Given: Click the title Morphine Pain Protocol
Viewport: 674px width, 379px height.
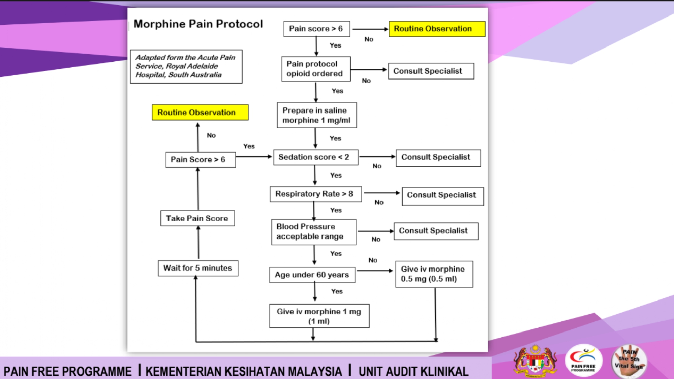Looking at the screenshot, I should pyautogui.click(x=198, y=24).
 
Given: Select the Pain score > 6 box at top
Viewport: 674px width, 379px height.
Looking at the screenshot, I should pyautogui.click(x=316, y=29).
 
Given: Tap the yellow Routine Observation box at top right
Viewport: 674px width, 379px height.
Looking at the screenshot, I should pyautogui.click(x=437, y=29).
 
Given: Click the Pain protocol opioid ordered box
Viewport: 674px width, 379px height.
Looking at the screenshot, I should pyautogui.click(x=316, y=69).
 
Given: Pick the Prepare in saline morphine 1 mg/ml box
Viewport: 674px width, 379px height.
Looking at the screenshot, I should pyautogui.click(x=316, y=115).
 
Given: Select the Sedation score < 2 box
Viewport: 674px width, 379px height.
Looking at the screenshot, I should pyautogui.click(x=315, y=157).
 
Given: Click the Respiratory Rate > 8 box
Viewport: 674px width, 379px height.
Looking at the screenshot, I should pyautogui.click(x=315, y=194).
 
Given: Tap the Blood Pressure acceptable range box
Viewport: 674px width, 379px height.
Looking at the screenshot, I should pyautogui.click(x=313, y=232).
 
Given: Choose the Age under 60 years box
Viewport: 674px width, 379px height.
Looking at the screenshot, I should pyautogui.click(x=312, y=275).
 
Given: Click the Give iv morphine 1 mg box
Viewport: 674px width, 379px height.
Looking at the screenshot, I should pyautogui.click(x=319, y=316).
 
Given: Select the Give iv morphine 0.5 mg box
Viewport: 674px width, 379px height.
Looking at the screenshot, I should pyautogui.click(x=434, y=274).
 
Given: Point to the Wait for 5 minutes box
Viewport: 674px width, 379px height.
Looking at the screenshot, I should pyautogui.click(x=198, y=268).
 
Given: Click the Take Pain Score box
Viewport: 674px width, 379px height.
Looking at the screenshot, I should pyautogui.click(x=197, y=218).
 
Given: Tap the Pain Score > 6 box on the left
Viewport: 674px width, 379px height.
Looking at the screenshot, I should pyautogui.click(x=200, y=160).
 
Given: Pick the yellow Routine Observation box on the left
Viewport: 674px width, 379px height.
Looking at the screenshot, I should pyautogui.click(x=200, y=113).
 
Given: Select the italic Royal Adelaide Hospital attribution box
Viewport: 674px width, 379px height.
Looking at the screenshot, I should pyautogui.click(x=186, y=66).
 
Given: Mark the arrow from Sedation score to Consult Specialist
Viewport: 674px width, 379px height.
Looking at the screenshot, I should pyautogui.click(x=377, y=157).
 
